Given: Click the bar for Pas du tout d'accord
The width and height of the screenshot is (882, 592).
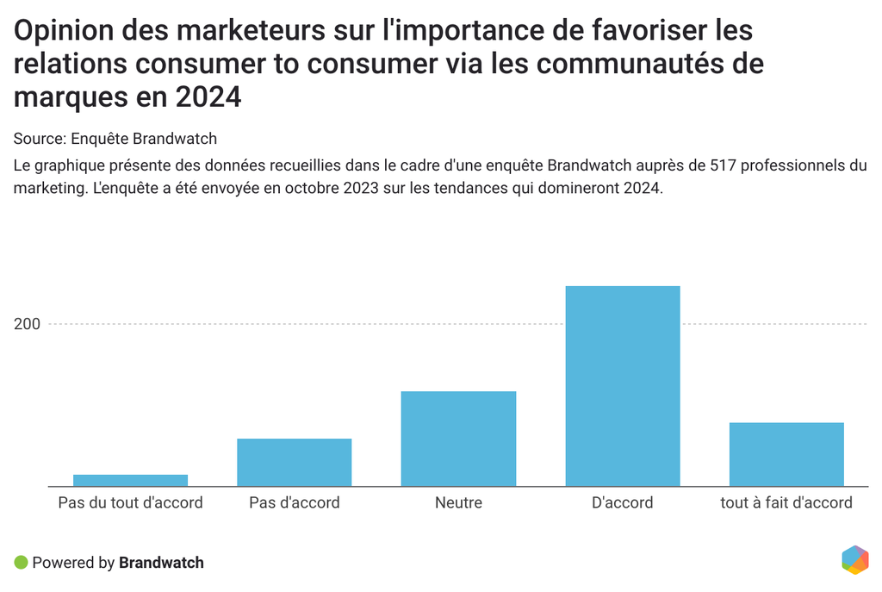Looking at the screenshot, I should pyautogui.click(x=130, y=480).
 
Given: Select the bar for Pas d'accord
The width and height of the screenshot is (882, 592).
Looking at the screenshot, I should pyautogui.click(x=294, y=462).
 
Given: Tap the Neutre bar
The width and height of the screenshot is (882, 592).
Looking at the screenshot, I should pyautogui.click(x=458, y=439).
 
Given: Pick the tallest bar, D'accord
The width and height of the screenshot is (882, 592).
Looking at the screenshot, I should pyautogui.click(x=622, y=386).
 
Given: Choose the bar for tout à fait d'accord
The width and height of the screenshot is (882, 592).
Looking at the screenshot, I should pyautogui.click(x=786, y=454).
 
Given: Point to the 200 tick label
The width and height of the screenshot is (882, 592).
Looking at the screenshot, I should pyautogui.click(x=27, y=324).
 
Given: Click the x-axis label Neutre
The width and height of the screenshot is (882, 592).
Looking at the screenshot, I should pyautogui.click(x=458, y=502).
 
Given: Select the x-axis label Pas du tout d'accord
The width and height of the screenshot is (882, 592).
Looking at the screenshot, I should pyautogui.click(x=130, y=502).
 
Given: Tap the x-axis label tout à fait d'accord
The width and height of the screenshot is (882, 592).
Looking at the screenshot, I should pyautogui.click(x=786, y=502).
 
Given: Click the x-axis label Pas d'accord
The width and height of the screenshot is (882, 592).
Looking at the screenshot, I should pyautogui.click(x=294, y=502).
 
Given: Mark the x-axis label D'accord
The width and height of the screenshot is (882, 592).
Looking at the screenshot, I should pyautogui.click(x=622, y=502).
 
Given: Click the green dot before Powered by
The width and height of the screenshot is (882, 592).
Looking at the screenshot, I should pyautogui.click(x=22, y=563).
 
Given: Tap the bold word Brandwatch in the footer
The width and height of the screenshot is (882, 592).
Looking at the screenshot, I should pyautogui.click(x=161, y=563).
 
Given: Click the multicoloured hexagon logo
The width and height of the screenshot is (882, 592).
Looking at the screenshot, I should pyautogui.click(x=854, y=560).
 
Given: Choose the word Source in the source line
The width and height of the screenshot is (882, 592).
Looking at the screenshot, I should pyautogui.click(x=39, y=139).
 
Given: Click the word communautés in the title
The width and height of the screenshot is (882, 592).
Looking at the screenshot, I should pyautogui.click(x=636, y=65).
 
